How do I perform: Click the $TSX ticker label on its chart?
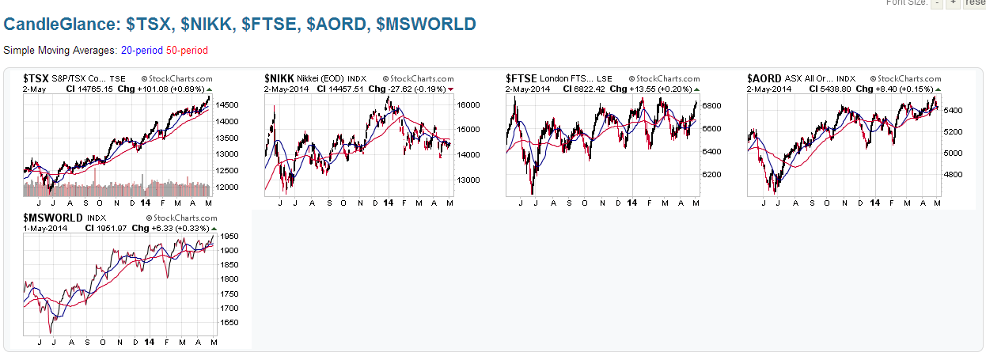[36, 78]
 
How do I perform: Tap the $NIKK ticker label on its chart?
[279, 78]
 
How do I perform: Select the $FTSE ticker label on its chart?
[521, 78]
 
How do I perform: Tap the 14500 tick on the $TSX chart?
[227, 104]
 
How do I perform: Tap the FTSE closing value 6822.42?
[582, 89]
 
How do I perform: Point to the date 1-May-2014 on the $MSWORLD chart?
[45, 228]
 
